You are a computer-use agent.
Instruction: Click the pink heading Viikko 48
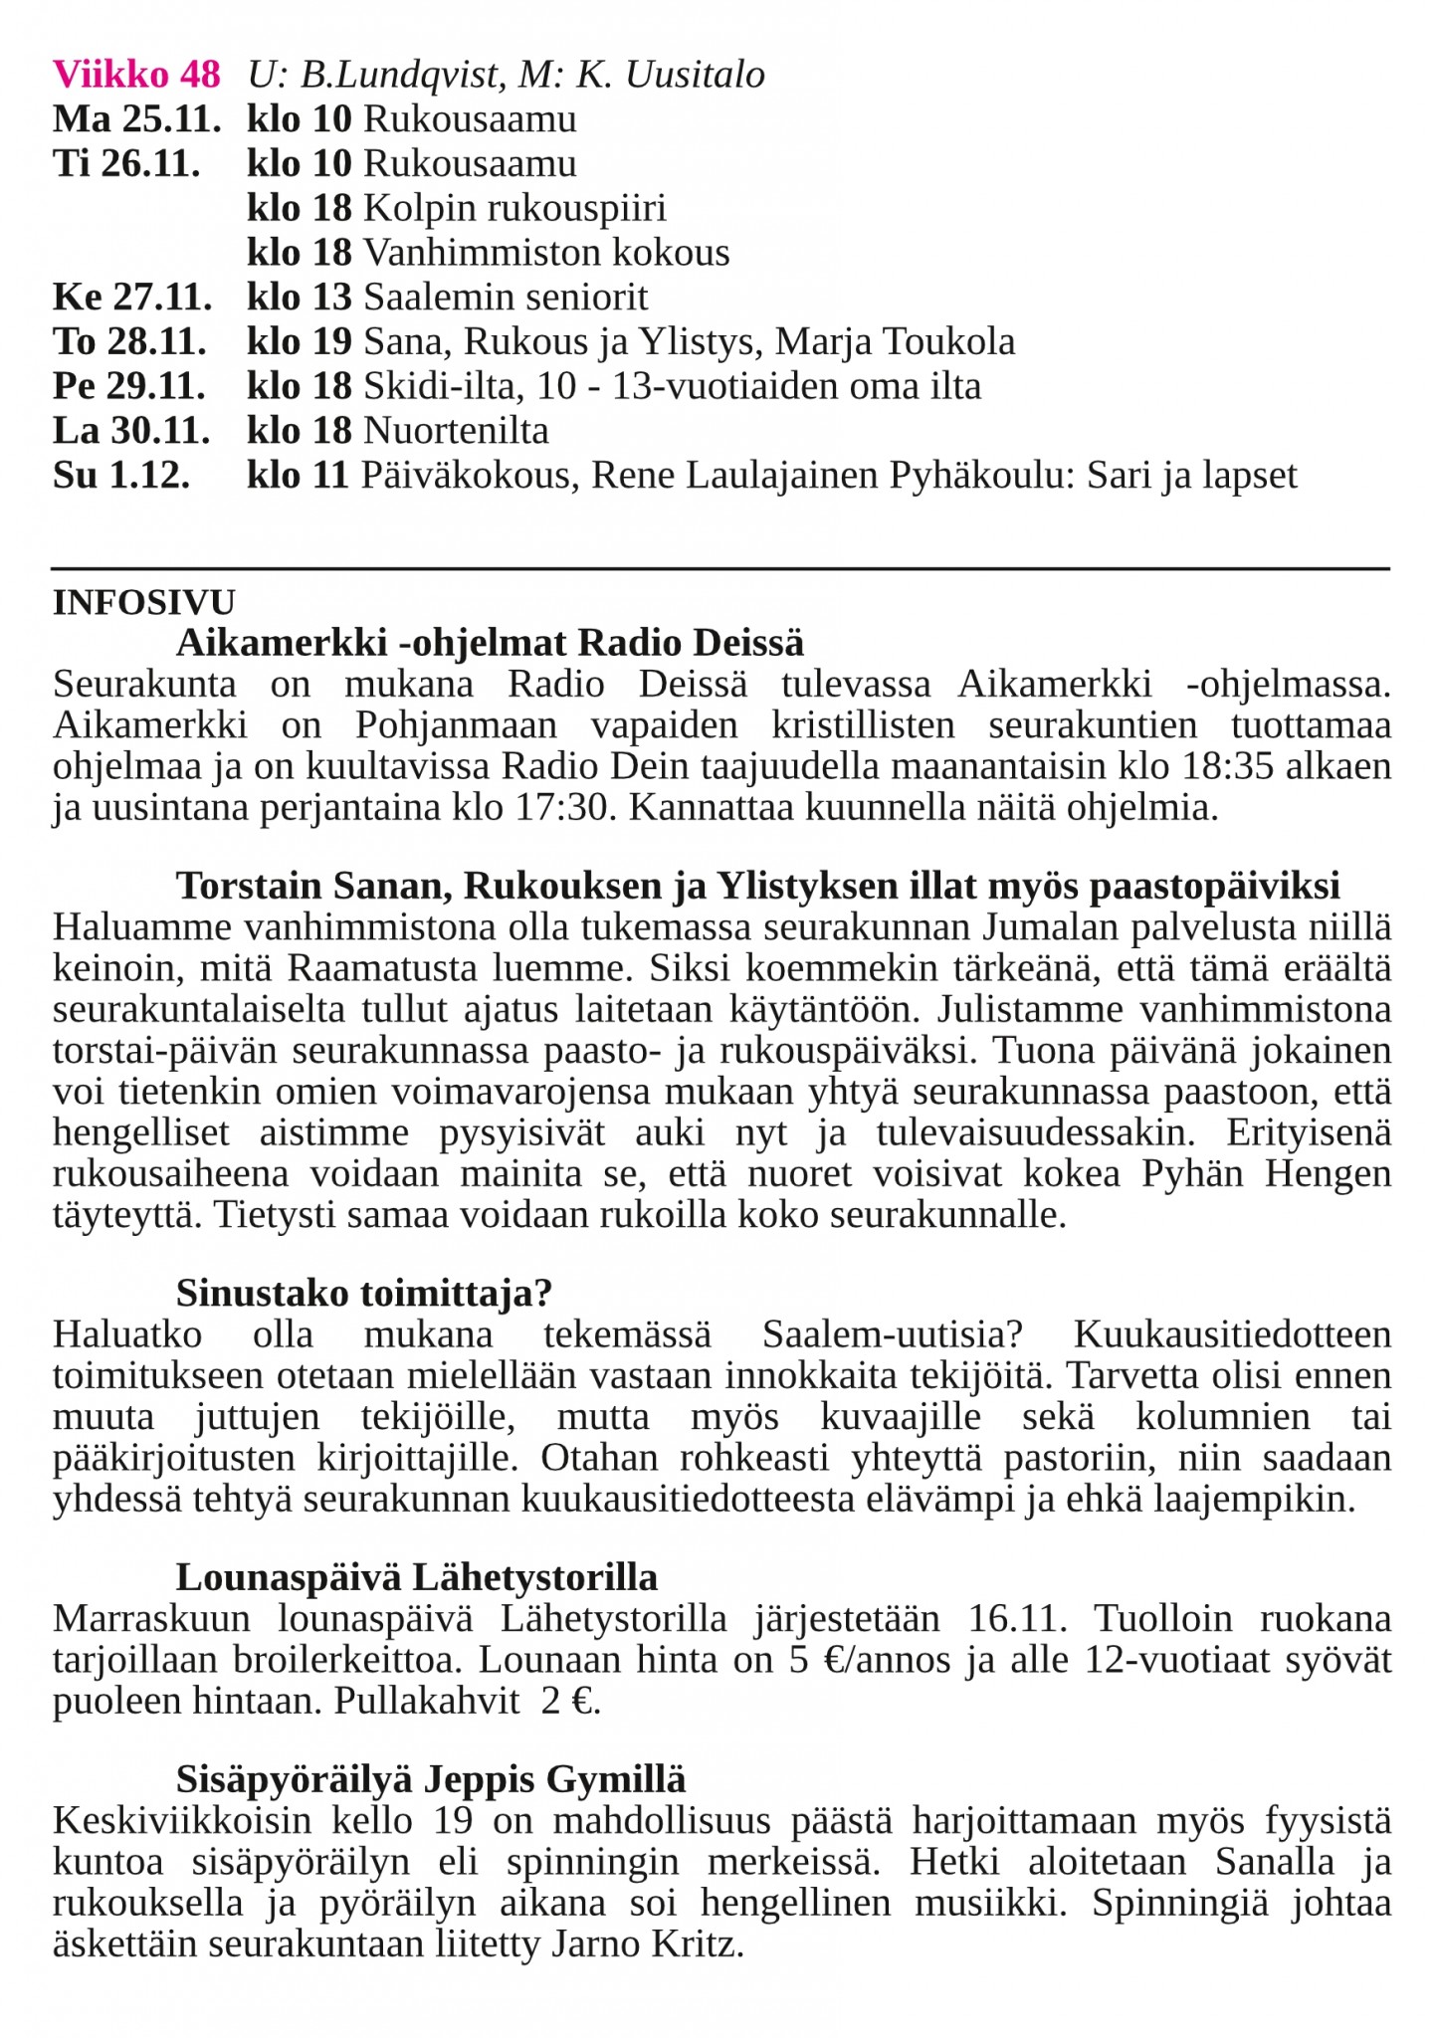[136, 75]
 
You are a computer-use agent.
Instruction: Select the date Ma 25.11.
[136, 119]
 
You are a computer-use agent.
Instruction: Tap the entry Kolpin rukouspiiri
[514, 208]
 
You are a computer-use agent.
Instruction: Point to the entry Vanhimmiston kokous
[546, 253]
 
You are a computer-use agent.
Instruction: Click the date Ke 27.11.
[132, 297]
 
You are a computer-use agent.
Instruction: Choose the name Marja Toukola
[895, 341]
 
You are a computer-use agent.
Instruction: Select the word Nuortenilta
[456, 431]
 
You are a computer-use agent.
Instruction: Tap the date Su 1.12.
[120, 476]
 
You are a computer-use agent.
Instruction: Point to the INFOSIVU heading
[144, 603]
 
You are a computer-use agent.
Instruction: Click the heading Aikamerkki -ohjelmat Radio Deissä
[490, 643]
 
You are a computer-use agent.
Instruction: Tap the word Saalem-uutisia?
[894, 1334]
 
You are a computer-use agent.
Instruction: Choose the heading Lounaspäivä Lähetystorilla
[417, 1577]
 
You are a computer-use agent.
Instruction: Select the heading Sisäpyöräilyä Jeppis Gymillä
[431, 1779]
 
